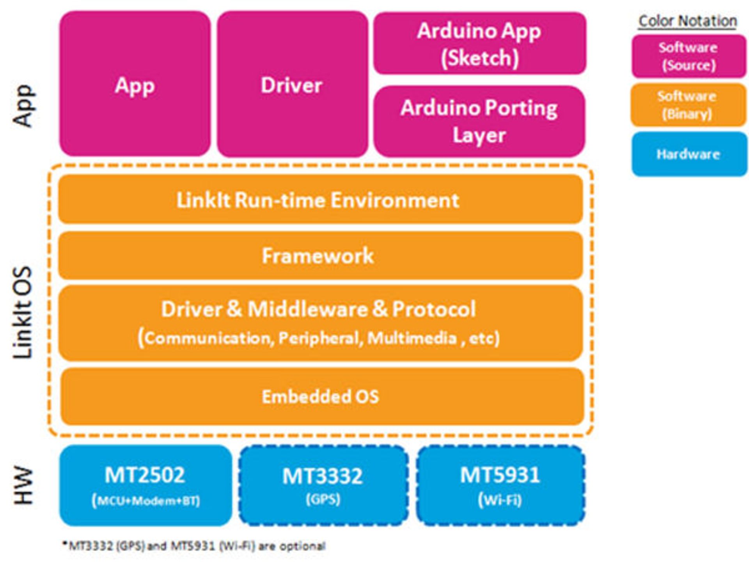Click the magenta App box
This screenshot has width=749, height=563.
(x=135, y=84)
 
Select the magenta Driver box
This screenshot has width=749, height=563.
(x=292, y=84)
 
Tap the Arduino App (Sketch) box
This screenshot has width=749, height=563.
(x=479, y=43)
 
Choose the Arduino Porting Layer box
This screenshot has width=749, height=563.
(x=479, y=121)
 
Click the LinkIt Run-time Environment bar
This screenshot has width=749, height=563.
(x=320, y=200)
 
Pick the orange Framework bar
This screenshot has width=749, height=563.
(x=320, y=256)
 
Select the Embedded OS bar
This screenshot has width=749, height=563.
(x=322, y=396)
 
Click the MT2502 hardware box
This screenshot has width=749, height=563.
(x=145, y=485)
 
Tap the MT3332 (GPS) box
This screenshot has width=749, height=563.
(x=323, y=485)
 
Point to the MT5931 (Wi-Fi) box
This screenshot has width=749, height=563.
(x=501, y=485)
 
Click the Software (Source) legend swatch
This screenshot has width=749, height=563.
(x=689, y=56)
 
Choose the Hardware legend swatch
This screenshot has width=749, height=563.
(x=689, y=154)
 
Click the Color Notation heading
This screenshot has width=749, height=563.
(x=688, y=21)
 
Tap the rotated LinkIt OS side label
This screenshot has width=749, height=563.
(x=23, y=312)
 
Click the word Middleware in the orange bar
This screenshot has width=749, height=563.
(x=307, y=309)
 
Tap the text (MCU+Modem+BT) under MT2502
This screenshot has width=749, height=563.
(x=146, y=501)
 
